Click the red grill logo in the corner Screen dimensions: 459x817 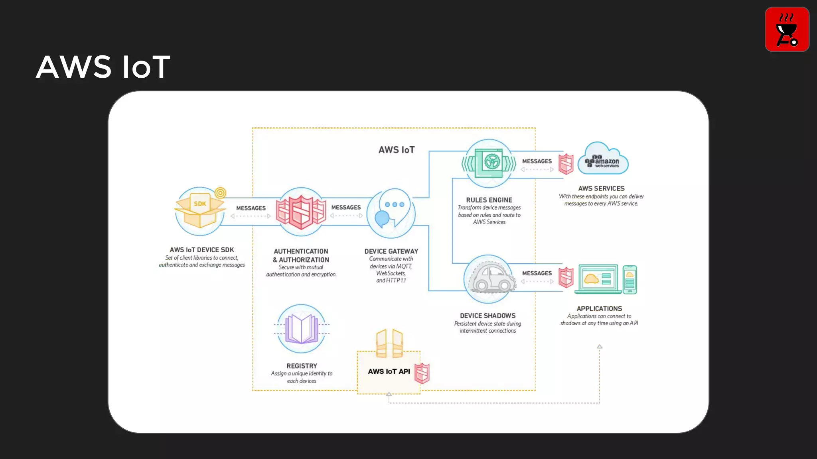pyautogui.click(x=787, y=29)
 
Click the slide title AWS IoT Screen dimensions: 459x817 pyautogui.click(x=103, y=67)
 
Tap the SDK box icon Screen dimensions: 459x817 pyautogui.click(x=200, y=211)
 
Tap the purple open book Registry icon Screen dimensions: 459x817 pyautogui.click(x=302, y=329)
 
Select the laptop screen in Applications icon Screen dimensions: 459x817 pyautogui.click(x=598, y=279)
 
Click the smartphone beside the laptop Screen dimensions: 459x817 pyautogui.click(x=630, y=279)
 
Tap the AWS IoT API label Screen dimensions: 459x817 pyautogui.click(x=389, y=371)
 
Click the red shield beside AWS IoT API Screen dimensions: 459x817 pyautogui.click(x=422, y=373)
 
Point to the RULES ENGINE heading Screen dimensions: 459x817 pyautogui.click(x=489, y=200)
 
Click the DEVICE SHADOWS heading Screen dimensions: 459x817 pyautogui.click(x=487, y=316)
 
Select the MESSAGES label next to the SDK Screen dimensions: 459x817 pyautogui.click(x=251, y=208)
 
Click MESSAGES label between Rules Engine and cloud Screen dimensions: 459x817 pyautogui.click(x=537, y=161)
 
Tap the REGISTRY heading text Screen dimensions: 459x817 pyautogui.click(x=302, y=366)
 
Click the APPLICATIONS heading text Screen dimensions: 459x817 pyautogui.click(x=599, y=308)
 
